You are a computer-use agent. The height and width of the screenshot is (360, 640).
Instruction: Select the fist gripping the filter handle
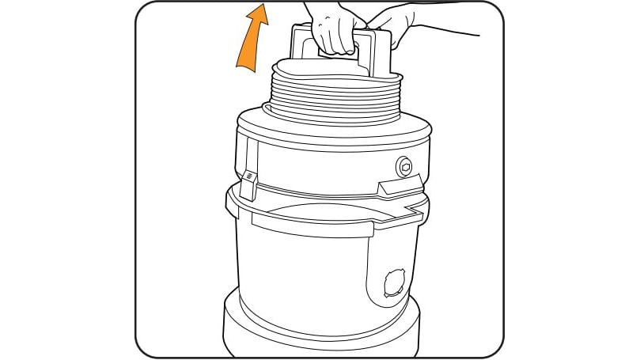tap(335, 32)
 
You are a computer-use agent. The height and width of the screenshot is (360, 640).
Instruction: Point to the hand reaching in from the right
tap(392, 25)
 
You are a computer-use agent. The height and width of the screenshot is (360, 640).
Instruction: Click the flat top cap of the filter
tap(332, 70)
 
